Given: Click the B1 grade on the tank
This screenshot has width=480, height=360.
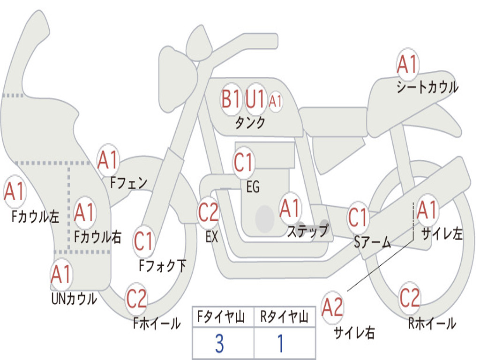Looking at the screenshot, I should pyautogui.click(x=231, y=99).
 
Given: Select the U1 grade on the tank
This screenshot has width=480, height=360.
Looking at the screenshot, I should pyautogui.click(x=255, y=99).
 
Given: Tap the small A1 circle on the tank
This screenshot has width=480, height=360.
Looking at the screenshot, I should pyautogui.click(x=276, y=101).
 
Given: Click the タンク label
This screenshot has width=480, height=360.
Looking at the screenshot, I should pyautogui.click(x=250, y=123).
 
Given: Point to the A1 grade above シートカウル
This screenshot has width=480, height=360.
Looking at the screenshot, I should pyautogui.click(x=407, y=65).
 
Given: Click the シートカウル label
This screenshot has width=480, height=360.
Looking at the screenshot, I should pyautogui.click(x=427, y=88).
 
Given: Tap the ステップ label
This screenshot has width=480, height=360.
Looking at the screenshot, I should pyautogui.click(x=307, y=231).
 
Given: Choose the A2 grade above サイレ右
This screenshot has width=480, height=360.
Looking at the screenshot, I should pyautogui.click(x=333, y=307).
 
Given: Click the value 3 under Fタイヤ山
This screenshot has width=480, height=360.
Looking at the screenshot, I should pyautogui.click(x=219, y=344).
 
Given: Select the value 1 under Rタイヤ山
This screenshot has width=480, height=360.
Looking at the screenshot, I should pyautogui.click(x=280, y=344).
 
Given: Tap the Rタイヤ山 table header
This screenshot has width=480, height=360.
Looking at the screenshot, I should pyautogui.click(x=284, y=318).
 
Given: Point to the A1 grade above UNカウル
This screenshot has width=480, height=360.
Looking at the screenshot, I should pyautogui.click(x=61, y=275).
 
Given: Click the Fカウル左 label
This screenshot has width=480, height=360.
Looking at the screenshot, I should pyautogui.click(x=36, y=217).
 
